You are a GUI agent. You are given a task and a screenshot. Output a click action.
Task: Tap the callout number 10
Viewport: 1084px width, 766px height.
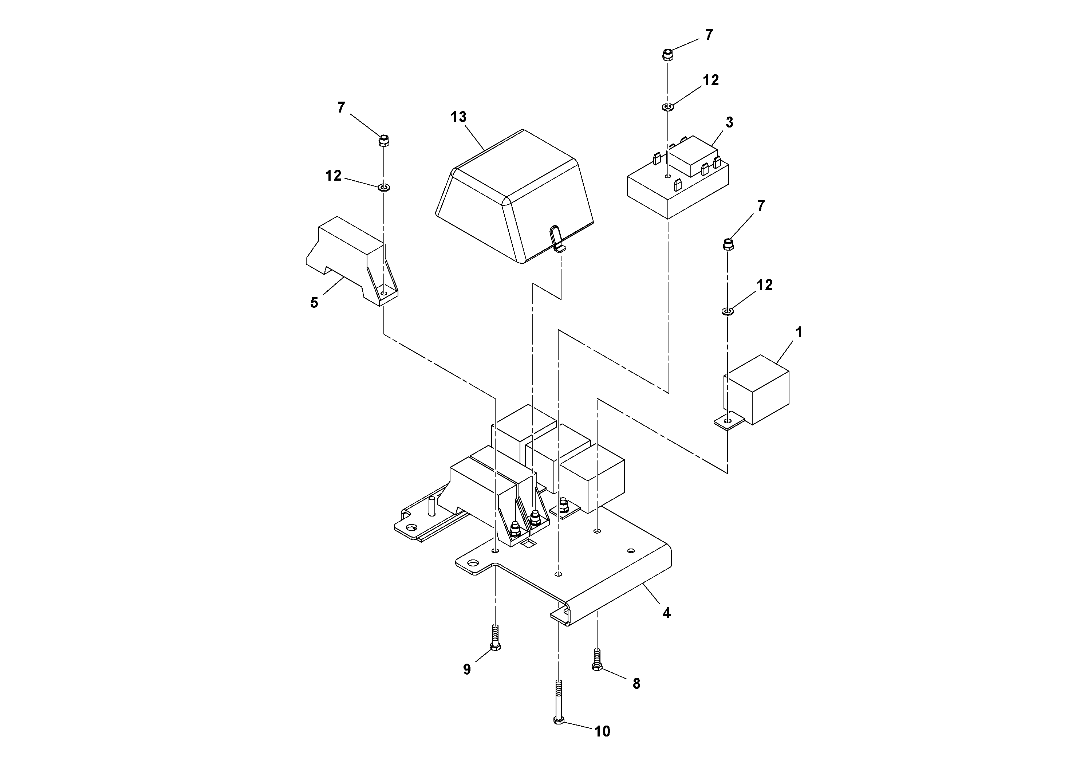pyautogui.click(x=602, y=731)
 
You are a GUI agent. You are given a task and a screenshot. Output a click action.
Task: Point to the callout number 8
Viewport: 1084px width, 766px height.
pyautogui.click(x=636, y=683)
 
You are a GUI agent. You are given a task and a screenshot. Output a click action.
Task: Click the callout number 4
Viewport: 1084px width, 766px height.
pyautogui.click(x=666, y=613)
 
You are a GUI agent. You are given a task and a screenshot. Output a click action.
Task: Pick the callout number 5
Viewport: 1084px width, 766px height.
pyautogui.click(x=314, y=303)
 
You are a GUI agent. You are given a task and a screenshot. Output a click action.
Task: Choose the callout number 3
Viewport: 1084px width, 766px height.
pyautogui.click(x=729, y=122)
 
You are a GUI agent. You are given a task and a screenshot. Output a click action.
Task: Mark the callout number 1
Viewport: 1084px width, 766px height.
pyautogui.click(x=799, y=333)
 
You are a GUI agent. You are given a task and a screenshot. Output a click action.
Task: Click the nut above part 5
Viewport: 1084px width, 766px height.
pyautogui.click(x=384, y=140)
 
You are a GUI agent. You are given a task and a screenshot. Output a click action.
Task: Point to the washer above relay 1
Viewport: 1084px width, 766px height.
pyautogui.click(x=727, y=311)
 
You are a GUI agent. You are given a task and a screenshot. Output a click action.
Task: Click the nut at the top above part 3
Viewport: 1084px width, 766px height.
pyautogui.click(x=667, y=55)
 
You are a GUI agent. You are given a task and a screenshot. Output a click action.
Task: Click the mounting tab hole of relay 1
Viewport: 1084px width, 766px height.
pyautogui.click(x=727, y=420)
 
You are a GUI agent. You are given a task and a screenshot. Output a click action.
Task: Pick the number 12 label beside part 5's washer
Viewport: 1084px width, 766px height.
pyautogui.click(x=333, y=176)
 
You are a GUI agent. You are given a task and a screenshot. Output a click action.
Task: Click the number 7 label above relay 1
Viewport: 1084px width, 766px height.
pyautogui.click(x=761, y=206)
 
